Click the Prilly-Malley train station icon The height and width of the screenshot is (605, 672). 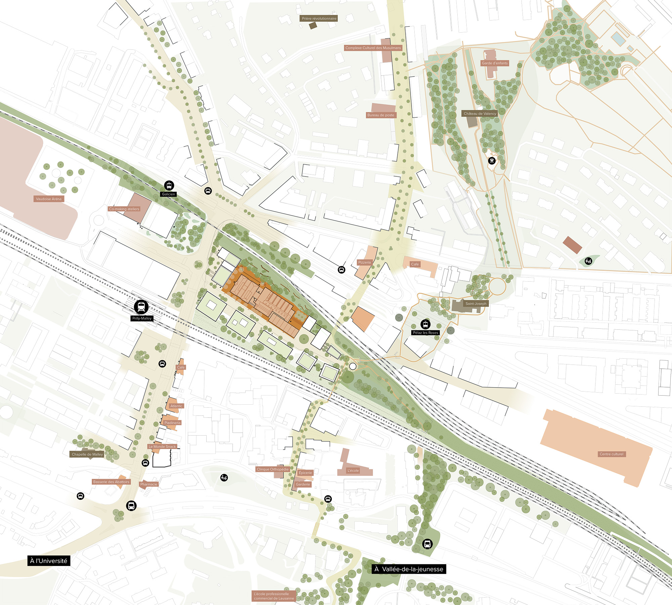(x=141, y=307)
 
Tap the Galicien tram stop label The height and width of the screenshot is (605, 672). (x=168, y=194)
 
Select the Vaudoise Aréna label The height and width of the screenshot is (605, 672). (x=49, y=199)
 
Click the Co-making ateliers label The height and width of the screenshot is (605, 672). (x=124, y=209)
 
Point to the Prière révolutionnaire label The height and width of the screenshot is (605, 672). (x=319, y=18)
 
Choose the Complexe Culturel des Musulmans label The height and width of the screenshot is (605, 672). (x=373, y=48)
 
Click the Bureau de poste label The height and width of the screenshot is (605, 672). (x=381, y=115)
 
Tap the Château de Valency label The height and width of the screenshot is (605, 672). (x=480, y=114)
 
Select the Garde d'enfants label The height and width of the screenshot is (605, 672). (x=495, y=63)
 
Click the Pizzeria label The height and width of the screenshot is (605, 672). (x=364, y=263)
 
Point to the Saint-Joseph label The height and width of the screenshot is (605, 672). (x=476, y=304)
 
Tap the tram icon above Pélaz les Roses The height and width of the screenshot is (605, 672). (x=426, y=324)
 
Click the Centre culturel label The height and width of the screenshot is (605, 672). (x=611, y=454)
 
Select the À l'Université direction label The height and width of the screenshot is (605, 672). (x=49, y=561)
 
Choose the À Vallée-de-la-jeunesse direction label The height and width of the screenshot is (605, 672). (x=409, y=569)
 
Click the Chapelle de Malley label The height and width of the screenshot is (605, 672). (x=87, y=454)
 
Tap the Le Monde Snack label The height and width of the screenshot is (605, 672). (x=162, y=447)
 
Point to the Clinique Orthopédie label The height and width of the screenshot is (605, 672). (x=272, y=470)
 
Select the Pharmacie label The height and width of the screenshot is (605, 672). (x=149, y=484)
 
